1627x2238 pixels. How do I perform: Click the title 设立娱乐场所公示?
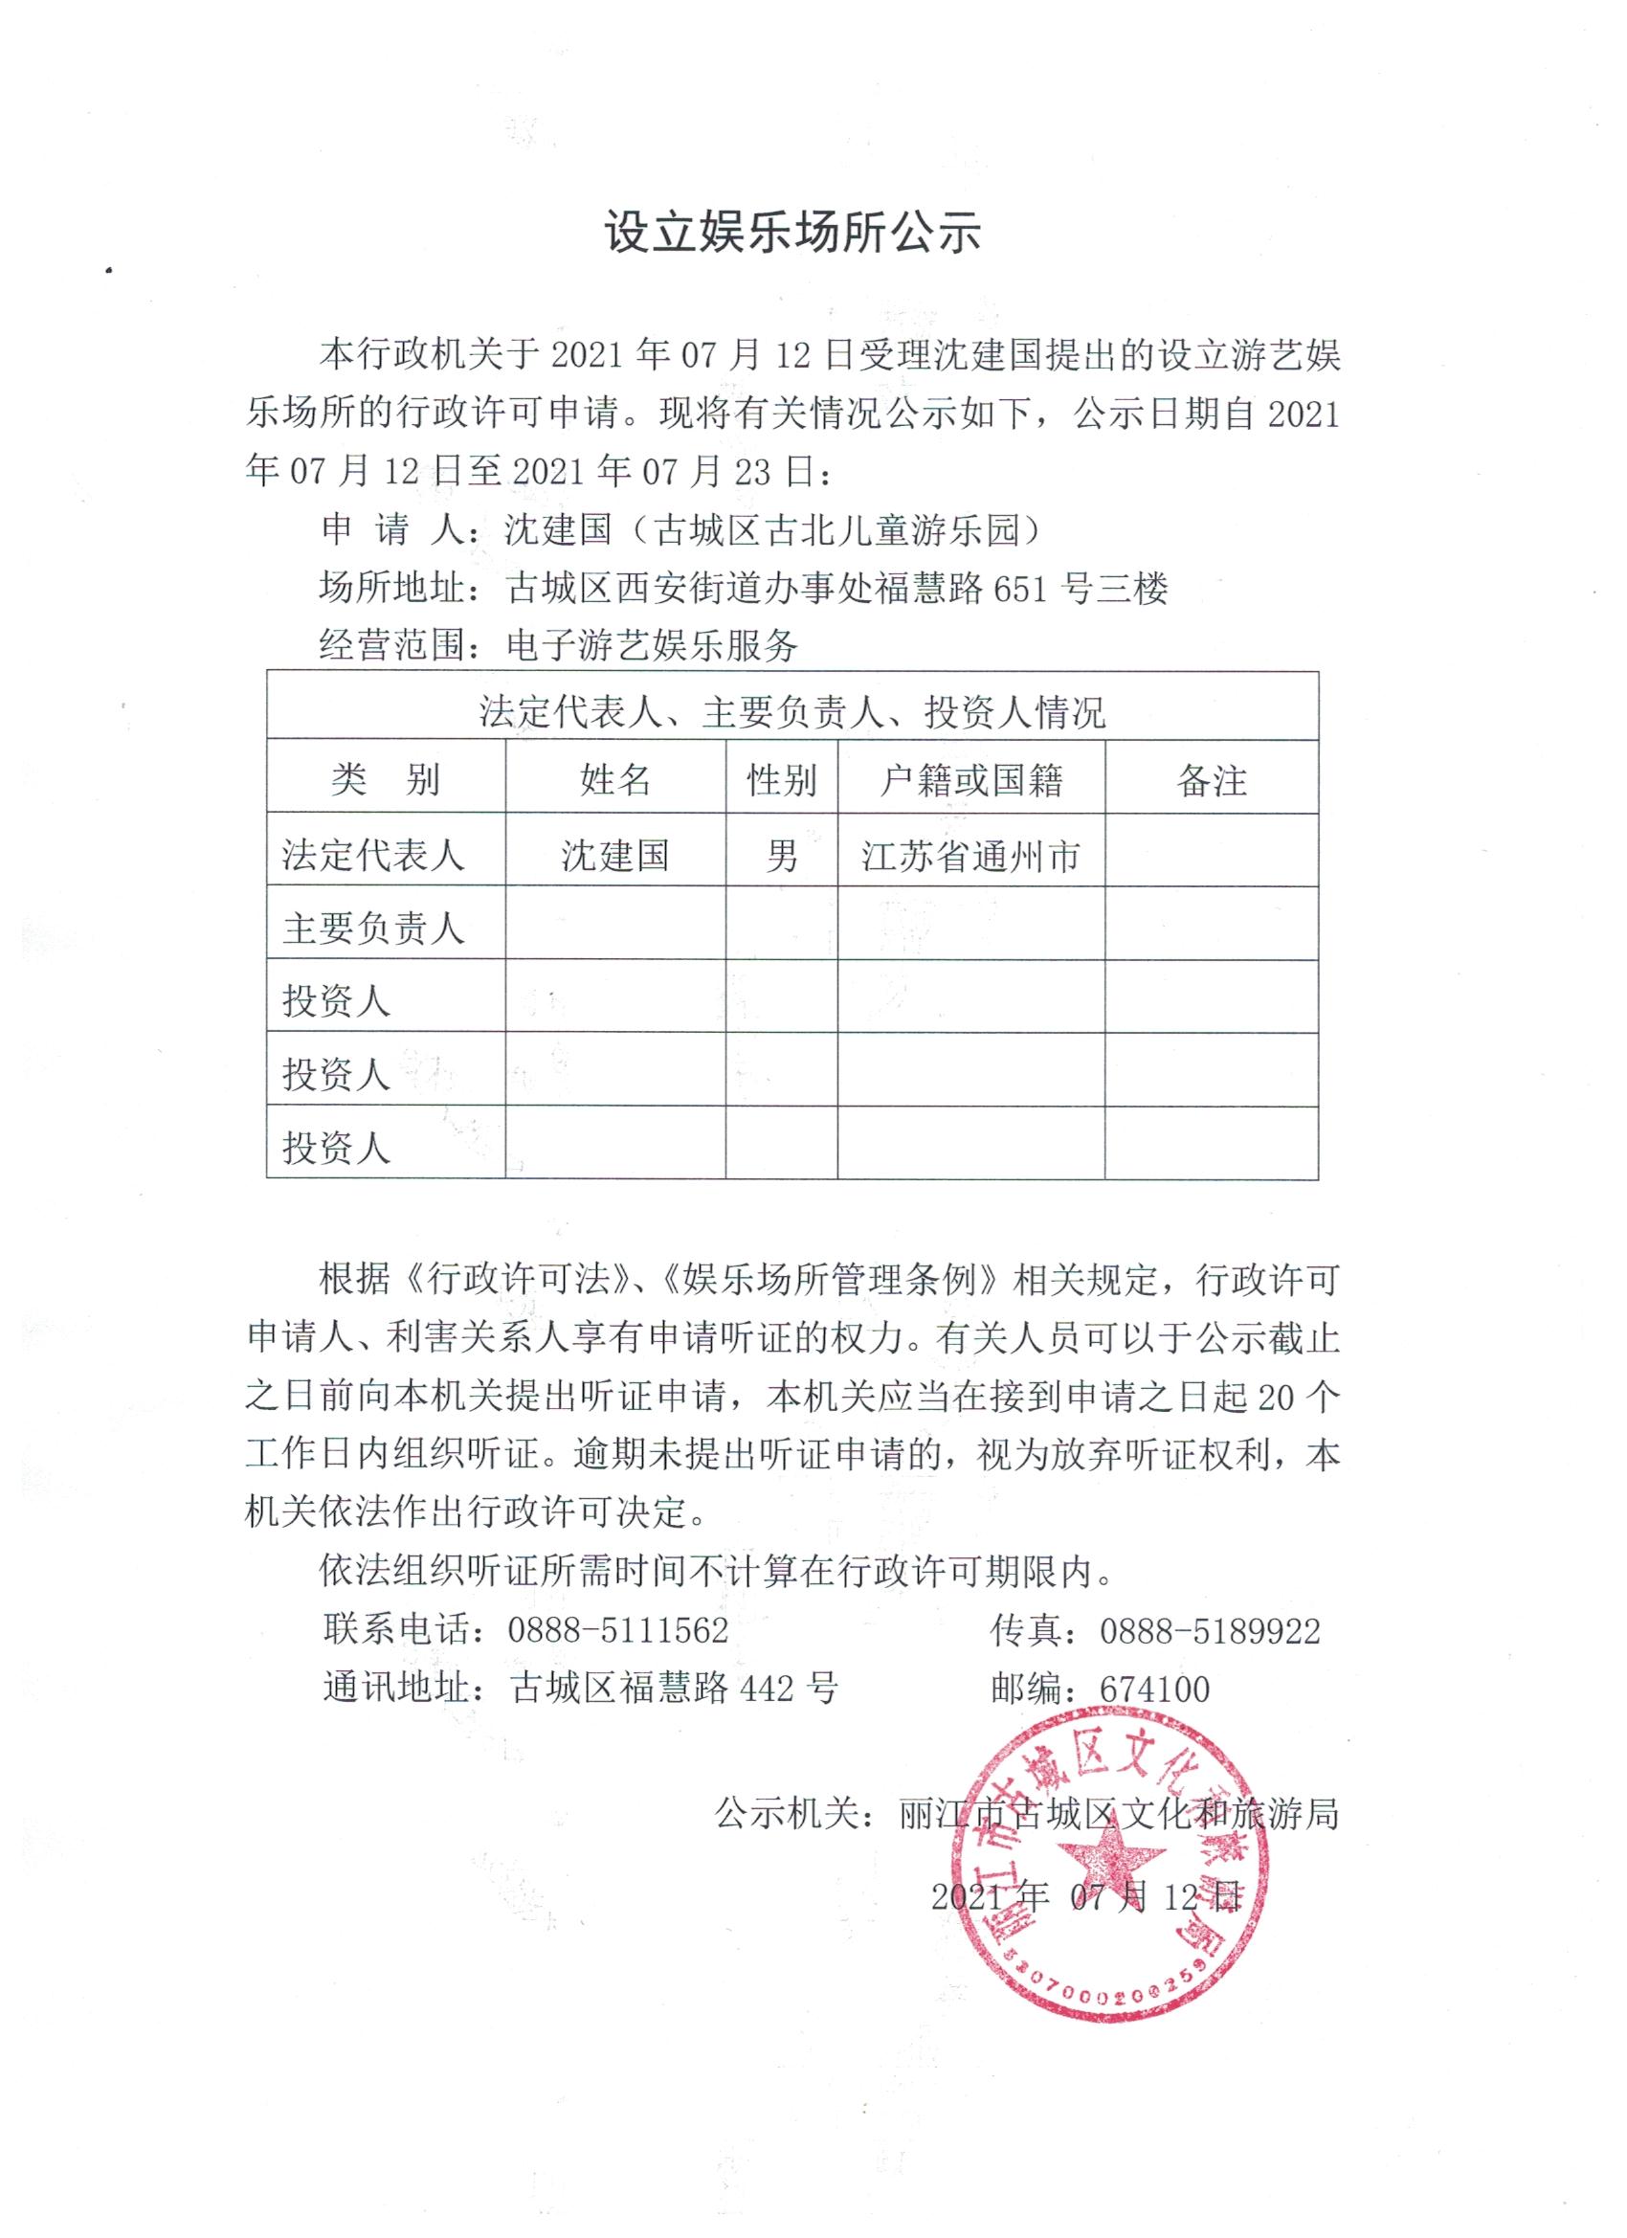[792, 235]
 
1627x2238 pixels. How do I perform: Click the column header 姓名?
[614, 780]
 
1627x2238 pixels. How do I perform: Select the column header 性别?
[781, 780]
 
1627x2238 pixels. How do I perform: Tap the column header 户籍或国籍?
[970, 780]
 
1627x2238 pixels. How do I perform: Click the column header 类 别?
[385, 780]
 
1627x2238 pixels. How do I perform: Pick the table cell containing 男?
[781, 855]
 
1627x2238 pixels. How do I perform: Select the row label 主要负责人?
[373, 928]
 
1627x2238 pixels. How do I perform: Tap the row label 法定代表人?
[373, 855]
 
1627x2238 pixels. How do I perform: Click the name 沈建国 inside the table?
[614, 855]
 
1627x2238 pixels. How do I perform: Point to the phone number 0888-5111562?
[617, 1630]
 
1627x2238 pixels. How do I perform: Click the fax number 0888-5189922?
[1210, 1631]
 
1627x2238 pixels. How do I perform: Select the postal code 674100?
[1154, 1690]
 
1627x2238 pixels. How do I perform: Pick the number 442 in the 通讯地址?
[766, 1689]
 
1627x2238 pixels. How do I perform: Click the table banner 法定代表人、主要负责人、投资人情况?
[792, 711]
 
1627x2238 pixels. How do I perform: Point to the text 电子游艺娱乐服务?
[651, 646]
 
